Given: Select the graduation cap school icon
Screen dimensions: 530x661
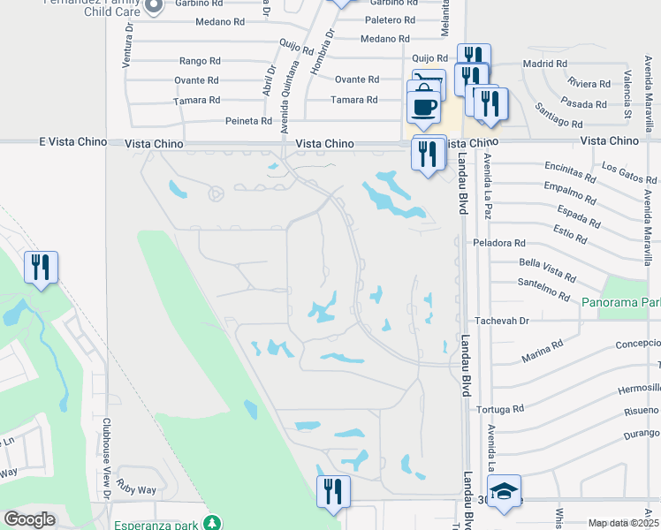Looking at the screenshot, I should pyautogui.click(x=504, y=492).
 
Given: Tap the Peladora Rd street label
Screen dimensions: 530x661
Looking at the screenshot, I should pyautogui.click(x=499, y=242).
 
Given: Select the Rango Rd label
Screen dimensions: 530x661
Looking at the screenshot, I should pyautogui.click(x=199, y=61).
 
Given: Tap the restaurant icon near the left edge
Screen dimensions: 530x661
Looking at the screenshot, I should pyautogui.click(x=41, y=267).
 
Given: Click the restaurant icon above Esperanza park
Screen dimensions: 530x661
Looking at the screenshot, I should pyautogui.click(x=333, y=491).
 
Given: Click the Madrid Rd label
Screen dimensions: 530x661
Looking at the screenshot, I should pyautogui.click(x=544, y=64).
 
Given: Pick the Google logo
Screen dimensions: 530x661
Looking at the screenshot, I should pyautogui.click(x=29, y=519).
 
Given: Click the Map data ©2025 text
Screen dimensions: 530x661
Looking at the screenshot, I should pyautogui.click(x=624, y=523).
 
